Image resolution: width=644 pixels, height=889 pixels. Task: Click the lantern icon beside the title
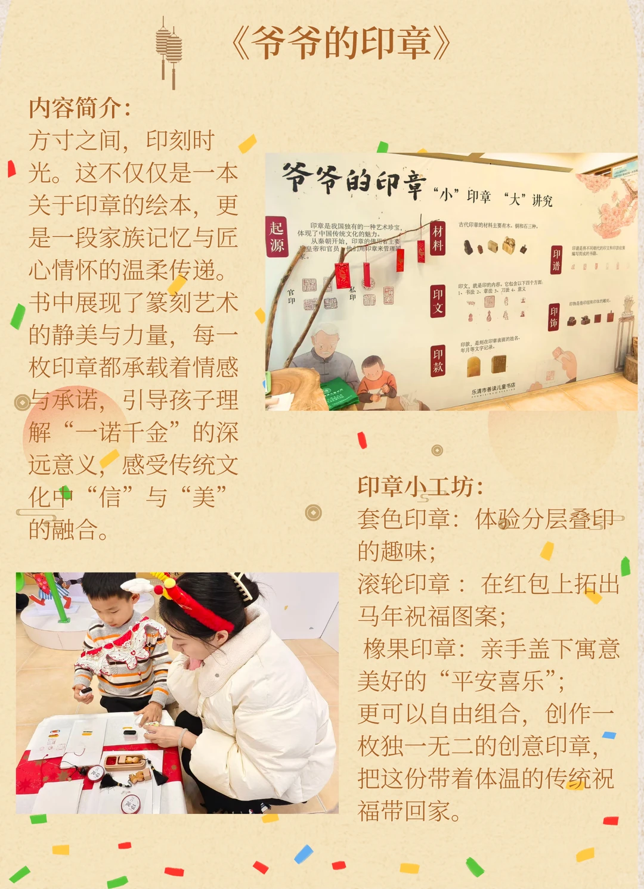pyautogui.click(x=169, y=51)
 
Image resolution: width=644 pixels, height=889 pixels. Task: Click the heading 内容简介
pyautogui.click(x=79, y=108)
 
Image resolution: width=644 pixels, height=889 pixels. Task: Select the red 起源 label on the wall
pyautogui.click(x=277, y=236)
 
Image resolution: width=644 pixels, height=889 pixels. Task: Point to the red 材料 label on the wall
pyautogui.click(x=438, y=238)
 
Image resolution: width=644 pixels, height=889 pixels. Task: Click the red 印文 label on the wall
pyautogui.click(x=438, y=301)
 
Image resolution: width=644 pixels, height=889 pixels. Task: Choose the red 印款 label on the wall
pyautogui.click(x=438, y=360)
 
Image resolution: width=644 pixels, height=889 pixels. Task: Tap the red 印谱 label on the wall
pyautogui.click(x=556, y=260)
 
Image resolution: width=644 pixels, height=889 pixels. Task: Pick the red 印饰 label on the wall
pyautogui.click(x=554, y=316)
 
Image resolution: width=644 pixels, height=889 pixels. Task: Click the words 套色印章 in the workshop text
pyautogui.click(x=404, y=519)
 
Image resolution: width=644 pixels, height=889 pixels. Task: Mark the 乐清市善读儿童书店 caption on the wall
pyautogui.click(x=493, y=388)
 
